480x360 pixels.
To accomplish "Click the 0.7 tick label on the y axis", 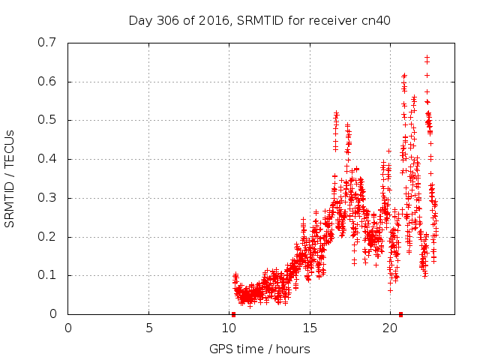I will [48, 43].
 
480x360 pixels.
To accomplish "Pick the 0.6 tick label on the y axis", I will [48, 82].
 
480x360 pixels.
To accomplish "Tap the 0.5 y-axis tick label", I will [48, 120].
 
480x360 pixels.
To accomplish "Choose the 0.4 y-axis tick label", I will [48, 159].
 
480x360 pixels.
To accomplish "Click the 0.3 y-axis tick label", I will [48, 198].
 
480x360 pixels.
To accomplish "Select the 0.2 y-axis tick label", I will [48, 237].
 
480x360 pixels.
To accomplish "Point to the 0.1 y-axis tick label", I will [48, 275].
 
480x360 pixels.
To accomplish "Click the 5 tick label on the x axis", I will [148, 327].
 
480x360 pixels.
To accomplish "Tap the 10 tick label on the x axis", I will [229, 327].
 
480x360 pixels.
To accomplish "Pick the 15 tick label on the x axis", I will [310, 327].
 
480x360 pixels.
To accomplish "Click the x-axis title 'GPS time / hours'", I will [260, 349].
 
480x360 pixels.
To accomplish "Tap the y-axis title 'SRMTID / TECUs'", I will [10, 178].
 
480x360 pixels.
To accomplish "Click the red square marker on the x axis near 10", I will [233, 314].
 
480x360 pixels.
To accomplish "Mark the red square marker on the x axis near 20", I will [400, 314].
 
